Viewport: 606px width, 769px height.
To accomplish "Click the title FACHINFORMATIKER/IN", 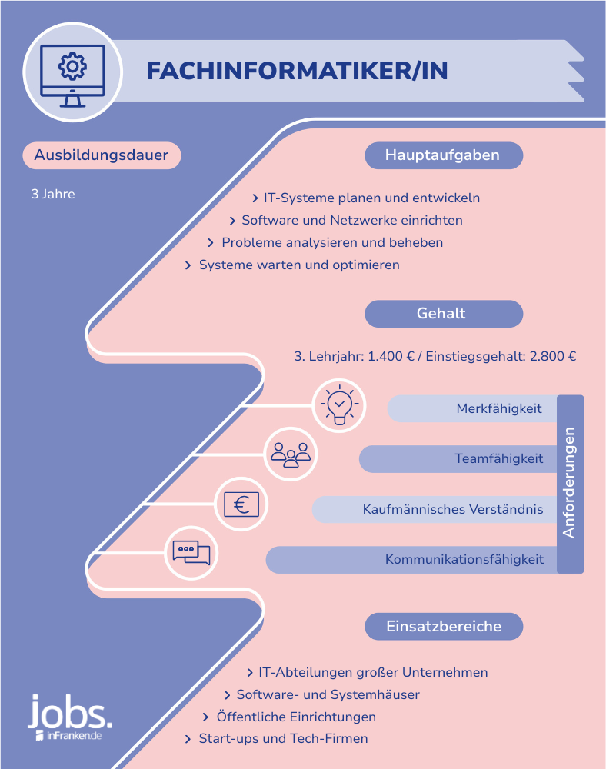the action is (x=297, y=71).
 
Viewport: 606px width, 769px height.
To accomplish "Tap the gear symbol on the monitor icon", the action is (x=72, y=66).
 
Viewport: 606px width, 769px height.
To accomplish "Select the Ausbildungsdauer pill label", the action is (x=102, y=155).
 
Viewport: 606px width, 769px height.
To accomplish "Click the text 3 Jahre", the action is (x=53, y=195).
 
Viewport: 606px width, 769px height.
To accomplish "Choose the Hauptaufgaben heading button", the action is (x=444, y=155).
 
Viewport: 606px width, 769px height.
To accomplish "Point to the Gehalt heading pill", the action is (x=444, y=314).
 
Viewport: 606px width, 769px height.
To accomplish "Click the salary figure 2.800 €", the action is (x=553, y=356).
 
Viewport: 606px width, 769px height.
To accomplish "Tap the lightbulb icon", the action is (x=339, y=405).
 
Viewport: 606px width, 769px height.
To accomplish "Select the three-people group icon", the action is (x=291, y=454).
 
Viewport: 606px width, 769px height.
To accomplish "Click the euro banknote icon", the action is (x=241, y=504).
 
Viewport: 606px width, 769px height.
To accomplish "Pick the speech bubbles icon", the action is (x=191, y=553).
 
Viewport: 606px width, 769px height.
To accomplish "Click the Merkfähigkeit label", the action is (x=499, y=408).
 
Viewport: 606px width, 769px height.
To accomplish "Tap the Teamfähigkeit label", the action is (x=498, y=458).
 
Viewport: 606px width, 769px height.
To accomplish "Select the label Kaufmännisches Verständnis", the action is (x=453, y=509).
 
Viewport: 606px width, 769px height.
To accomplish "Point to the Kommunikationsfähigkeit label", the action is (x=464, y=560).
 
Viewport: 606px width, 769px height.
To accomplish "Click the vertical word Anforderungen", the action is (x=569, y=483).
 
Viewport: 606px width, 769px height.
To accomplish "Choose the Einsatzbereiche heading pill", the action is (x=444, y=626).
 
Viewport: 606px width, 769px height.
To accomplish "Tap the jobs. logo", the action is (x=70, y=717).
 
